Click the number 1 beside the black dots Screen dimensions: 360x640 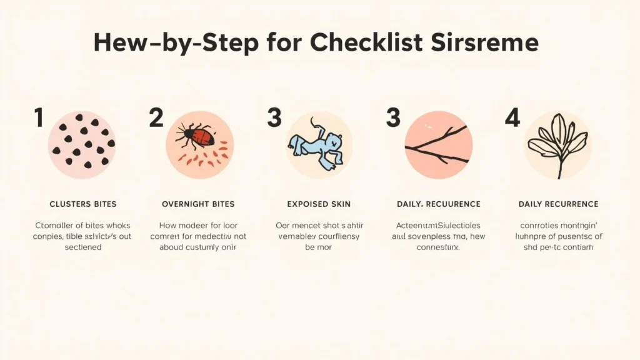click(38, 117)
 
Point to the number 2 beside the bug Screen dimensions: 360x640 click(156, 117)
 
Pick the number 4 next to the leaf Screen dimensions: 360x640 click(512, 117)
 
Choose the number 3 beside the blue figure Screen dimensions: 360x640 click(274, 117)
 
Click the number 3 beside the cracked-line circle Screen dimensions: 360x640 click(393, 117)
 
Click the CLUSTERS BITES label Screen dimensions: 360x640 click(82, 204)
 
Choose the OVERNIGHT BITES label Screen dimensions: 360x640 click(198, 204)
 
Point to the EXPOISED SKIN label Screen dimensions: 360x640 click(318, 204)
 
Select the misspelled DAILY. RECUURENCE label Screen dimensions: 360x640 click(438, 204)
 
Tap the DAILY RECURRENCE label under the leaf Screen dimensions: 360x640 click(558, 204)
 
